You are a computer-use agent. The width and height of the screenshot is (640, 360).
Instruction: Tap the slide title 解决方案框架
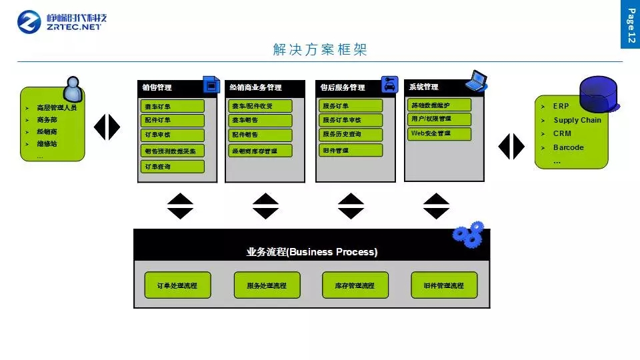(x=320, y=50)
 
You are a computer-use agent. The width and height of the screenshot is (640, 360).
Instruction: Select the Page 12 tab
(x=630, y=27)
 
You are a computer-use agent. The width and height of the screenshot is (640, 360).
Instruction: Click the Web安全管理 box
(x=439, y=133)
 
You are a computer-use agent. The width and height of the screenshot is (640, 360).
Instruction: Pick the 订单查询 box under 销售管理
(x=173, y=167)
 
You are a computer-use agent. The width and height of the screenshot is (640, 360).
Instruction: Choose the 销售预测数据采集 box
(x=173, y=151)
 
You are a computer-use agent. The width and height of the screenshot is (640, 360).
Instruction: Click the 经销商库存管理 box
(x=261, y=151)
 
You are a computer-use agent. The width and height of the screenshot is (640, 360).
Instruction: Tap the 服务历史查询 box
(x=351, y=135)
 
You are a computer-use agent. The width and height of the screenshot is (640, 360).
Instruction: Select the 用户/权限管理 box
(x=439, y=119)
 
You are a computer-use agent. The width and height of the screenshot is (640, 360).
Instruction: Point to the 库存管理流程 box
(x=355, y=285)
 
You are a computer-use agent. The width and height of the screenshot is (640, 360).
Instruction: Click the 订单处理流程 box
(x=177, y=285)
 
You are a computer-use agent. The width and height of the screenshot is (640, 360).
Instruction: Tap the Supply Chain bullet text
(x=577, y=120)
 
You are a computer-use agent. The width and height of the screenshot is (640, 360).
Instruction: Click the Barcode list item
(x=568, y=147)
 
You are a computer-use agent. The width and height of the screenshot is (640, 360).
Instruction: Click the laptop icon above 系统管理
(x=478, y=79)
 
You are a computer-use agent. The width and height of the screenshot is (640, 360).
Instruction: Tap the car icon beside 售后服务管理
(x=389, y=85)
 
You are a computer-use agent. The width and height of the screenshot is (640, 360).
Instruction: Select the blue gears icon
(x=469, y=233)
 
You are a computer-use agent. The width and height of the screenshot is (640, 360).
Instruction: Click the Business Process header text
(x=312, y=252)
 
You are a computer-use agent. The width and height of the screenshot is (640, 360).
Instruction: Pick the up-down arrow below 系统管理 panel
(x=437, y=206)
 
